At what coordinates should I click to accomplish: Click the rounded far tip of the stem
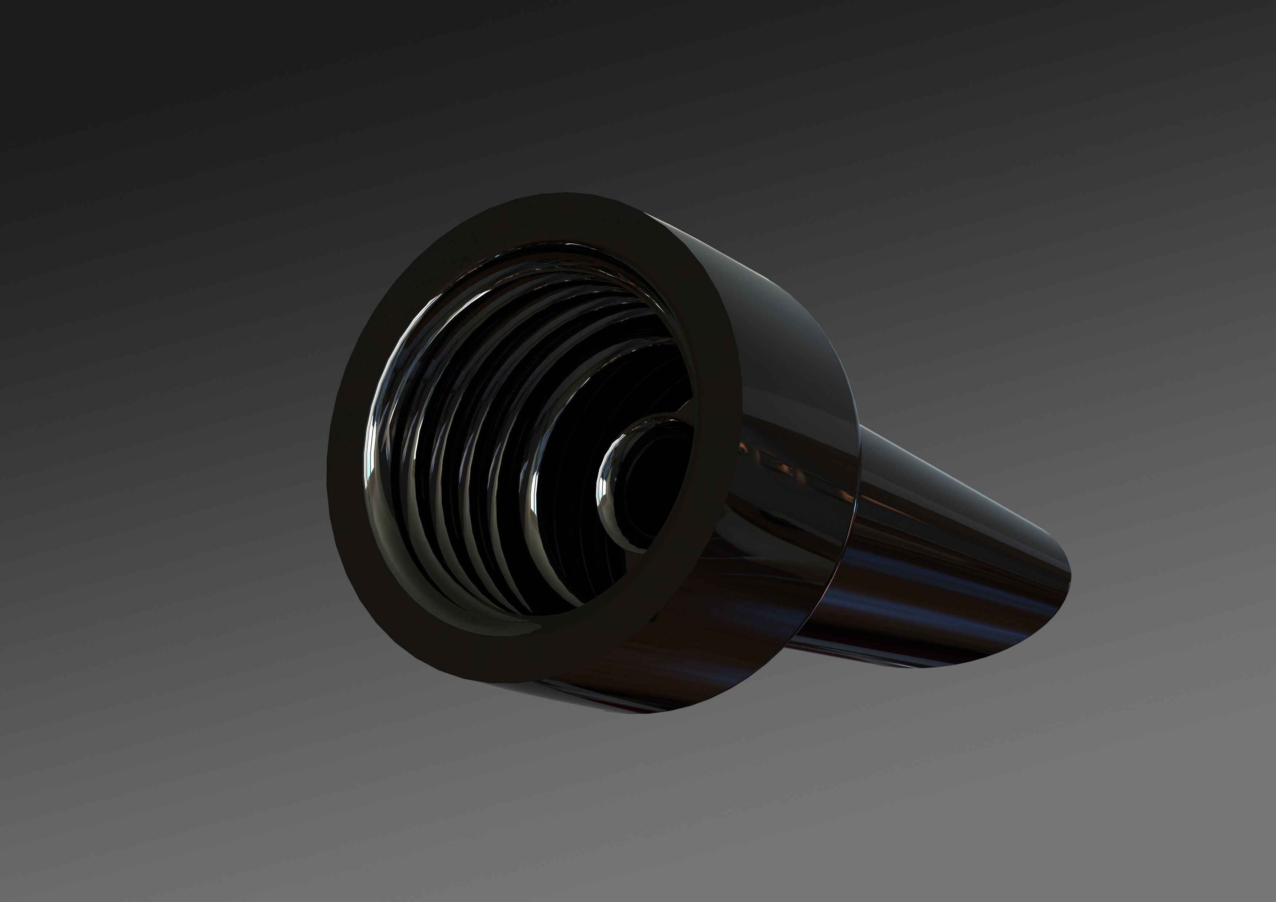[1059, 600]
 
